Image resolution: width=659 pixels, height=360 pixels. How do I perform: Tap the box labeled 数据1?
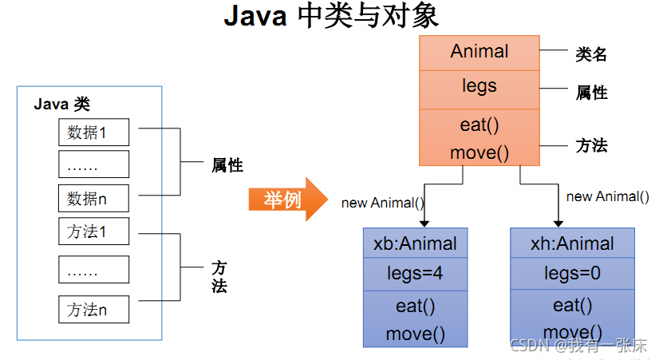point(93,133)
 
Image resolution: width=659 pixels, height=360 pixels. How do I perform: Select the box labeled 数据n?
point(93,197)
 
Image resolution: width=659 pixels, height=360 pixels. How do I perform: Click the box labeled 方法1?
point(93,232)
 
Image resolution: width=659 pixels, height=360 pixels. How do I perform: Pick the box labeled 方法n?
point(93,309)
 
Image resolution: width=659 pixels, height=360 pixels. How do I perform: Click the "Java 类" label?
point(62,104)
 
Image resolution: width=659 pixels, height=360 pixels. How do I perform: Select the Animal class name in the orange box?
point(479,52)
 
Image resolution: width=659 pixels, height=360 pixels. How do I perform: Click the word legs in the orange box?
point(479,86)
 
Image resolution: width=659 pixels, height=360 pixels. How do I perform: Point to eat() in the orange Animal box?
point(479,125)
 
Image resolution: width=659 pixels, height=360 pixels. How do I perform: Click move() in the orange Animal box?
point(479,152)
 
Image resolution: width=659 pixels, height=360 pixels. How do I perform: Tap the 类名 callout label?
point(591,54)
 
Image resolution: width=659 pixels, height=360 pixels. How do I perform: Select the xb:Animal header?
point(415,243)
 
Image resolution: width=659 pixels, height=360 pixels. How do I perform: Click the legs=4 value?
point(415,274)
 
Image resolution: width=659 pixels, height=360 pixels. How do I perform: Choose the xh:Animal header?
point(572,243)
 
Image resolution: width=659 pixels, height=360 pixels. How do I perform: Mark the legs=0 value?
point(572,274)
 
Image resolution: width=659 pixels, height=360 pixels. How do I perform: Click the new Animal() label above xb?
point(382,203)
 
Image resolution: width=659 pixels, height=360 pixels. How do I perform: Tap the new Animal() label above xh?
point(607,196)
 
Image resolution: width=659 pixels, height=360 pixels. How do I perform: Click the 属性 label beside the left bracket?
point(227,166)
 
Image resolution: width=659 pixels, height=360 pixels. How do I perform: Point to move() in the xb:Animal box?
point(415,334)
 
